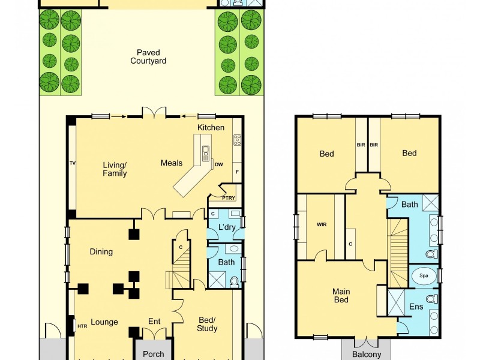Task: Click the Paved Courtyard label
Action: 148,56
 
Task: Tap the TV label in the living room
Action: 73,163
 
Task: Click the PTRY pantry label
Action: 229,197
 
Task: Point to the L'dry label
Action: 226,227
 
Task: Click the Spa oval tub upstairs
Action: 424,277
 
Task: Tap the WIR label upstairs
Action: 321,225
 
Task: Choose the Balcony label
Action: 367,354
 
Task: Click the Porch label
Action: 154,354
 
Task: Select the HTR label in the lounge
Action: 82,326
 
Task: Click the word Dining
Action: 101,251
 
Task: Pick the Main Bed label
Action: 341,296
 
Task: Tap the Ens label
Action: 416,307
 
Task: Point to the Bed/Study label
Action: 207,324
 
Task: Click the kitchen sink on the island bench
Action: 206,151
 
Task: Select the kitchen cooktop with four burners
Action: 237,140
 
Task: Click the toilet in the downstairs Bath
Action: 235,281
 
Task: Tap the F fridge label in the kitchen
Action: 237,172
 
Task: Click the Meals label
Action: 172,163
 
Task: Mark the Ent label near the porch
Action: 154,322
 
